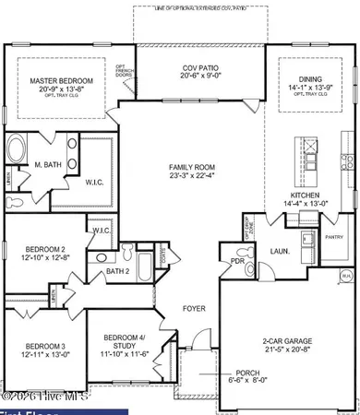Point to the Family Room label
coord(191,169)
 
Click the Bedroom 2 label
coord(43,250)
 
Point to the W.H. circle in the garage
coord(345,274)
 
